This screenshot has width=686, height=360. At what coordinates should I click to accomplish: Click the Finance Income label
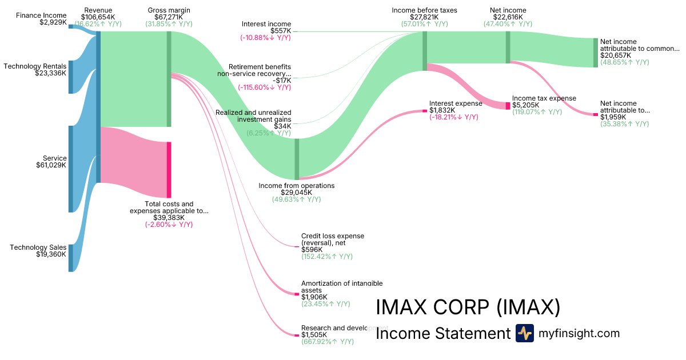click(x=41, y=15)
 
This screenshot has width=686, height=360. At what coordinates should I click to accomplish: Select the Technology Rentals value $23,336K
click(x=50, y=73)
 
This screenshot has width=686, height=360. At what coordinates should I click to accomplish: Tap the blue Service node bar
click(x=71, y=169)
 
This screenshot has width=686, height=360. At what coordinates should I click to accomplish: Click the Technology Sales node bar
click(x=71, y=258)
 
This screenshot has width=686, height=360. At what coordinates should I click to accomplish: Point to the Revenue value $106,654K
click(x=98, y=18)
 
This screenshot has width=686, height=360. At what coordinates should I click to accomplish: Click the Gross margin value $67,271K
click(x=169, y=18)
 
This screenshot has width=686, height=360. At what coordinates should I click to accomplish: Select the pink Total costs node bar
click(x=169, y=170)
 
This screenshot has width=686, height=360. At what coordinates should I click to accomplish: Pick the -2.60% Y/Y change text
click(x=169, y=225)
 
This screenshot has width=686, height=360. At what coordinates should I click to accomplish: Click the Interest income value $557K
click(x=280, y=31)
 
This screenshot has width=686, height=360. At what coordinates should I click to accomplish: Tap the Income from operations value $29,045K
click(x=296, y=193)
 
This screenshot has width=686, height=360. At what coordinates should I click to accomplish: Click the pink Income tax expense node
click(x=508, y=106)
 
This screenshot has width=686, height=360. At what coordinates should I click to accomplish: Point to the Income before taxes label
click(x=424, y=10)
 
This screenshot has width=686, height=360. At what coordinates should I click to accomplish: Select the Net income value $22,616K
click(x=507, y=18)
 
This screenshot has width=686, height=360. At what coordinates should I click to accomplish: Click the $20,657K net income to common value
click(x=616, y=55)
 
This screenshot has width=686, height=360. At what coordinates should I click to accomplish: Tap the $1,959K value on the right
click(x=613, y=117)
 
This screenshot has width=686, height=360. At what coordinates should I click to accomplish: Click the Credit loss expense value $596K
click(x=312, y=250)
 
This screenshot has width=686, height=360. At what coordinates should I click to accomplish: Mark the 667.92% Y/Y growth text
click(x=328, y=342)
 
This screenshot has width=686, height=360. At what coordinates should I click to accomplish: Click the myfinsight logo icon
click(x=524, y=333)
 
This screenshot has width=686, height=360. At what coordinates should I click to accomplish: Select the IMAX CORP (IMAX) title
click(x=468, y=307)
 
